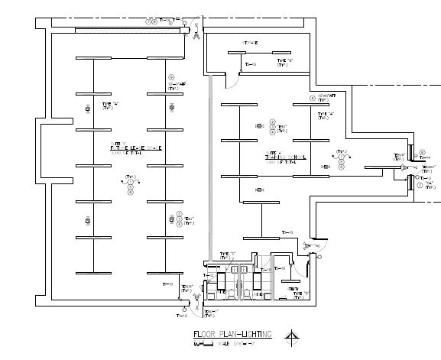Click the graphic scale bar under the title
click(x=203, y=343)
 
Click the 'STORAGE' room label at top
click(x=251, y=43)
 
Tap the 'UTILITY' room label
click(x=293, y=288)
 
